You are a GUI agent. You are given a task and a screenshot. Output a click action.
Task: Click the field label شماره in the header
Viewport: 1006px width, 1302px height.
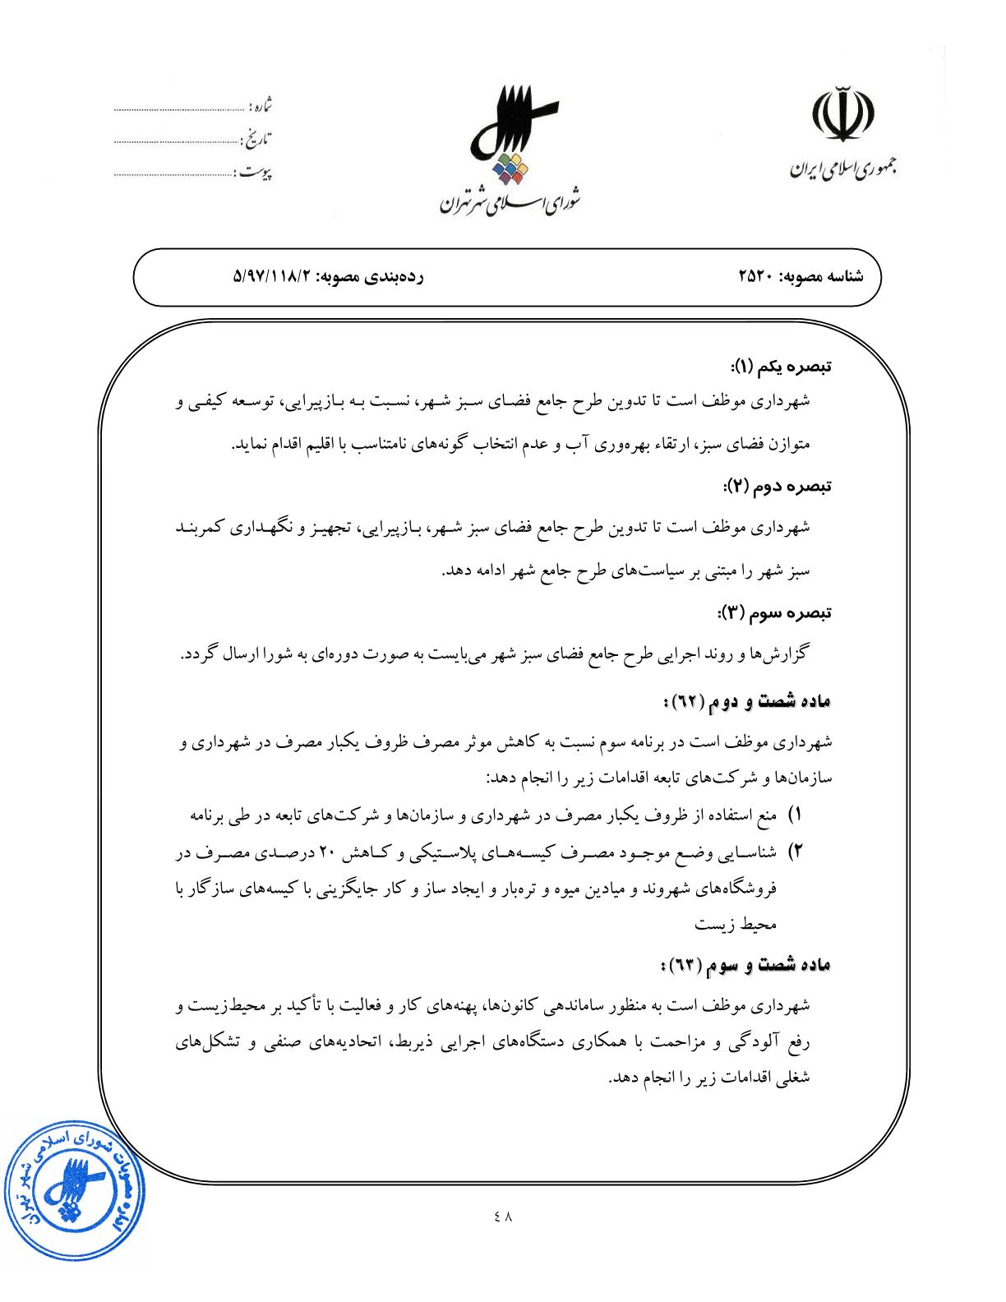261,108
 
